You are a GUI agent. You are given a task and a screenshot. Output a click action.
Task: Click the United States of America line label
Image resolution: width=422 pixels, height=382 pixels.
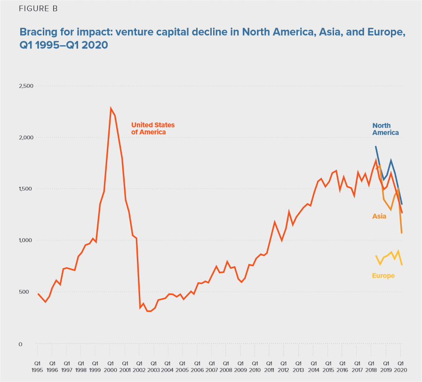point(152,128)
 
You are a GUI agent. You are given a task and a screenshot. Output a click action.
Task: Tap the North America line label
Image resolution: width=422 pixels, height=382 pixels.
point(385,129)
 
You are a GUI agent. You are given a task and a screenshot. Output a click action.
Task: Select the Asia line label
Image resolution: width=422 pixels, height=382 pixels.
point(379,216)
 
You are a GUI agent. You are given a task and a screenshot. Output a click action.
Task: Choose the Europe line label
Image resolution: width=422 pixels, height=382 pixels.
point(383,276)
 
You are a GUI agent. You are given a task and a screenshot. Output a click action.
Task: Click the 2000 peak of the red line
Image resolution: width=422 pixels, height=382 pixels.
point(111,108)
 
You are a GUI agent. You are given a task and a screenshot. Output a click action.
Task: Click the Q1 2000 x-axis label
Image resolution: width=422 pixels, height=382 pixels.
point(110,366)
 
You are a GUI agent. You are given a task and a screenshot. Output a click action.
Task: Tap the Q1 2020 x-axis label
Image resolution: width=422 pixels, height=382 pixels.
point(400,366)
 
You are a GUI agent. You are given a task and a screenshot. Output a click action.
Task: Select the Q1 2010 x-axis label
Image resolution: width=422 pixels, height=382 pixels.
point(255,366)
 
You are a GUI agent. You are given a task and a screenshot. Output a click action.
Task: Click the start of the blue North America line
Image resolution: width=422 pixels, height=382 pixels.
point(375,146)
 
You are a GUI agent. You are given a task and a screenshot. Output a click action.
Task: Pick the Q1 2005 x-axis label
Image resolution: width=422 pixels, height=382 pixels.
point(182,366)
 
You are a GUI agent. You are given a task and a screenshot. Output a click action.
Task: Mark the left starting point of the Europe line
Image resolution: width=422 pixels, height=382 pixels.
point(376,256)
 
